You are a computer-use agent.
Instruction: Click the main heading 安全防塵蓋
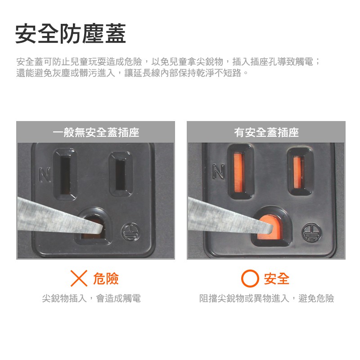[71, 34]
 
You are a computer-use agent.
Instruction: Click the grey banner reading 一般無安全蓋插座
[95, 132]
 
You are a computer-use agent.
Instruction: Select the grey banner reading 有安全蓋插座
[266, 132]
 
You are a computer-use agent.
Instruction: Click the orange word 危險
[106, 279]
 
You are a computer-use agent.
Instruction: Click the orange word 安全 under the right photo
[276, 279]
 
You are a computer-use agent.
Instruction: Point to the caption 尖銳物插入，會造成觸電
[91, 298]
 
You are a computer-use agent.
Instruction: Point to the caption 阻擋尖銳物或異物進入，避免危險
[266, 298]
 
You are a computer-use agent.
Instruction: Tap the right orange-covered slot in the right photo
[297, 172]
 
